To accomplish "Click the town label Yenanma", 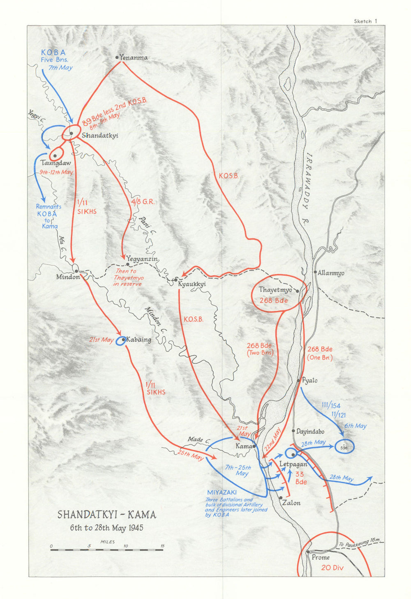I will pyautogui.click(x=134, y=58).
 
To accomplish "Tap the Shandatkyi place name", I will pyautogui.click(x=100, y=135).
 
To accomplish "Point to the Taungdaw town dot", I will pyautogui.click(x=55, y=156).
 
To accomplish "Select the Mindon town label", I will pyautogui.click(x=68, y=277).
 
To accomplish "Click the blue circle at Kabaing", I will pyautogui.click(x=121, y=340).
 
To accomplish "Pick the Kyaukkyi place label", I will pyautogui.click(x=192, y=284).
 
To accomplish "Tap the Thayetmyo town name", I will pyautogui.click(x=275, y=290).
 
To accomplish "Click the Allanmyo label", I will pyautogui.click(x=331, y=273).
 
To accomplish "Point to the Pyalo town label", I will pyautogui.click(x=309, y=380).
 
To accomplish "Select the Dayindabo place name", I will pyautogui.click(x=310, y=432).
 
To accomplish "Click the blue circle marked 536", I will pyautogui.click(x=344, y=447).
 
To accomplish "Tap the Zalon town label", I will pyautogui.click(x=291, y=503).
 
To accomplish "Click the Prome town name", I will pyautogui.click(x=321, y=557).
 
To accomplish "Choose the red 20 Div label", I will pyautogui.click(x=332, y=568).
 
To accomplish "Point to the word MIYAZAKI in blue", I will pyautogui.click(x=222, y=492).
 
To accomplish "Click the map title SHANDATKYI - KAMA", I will pyautogui.click(x=106, y=515).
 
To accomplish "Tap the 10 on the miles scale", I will pyautogui.click(x=125, y=546).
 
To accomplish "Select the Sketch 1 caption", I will pyautogui.click(x=365, y=21).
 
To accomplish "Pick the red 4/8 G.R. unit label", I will pyautogui.click(x=143, y=201).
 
